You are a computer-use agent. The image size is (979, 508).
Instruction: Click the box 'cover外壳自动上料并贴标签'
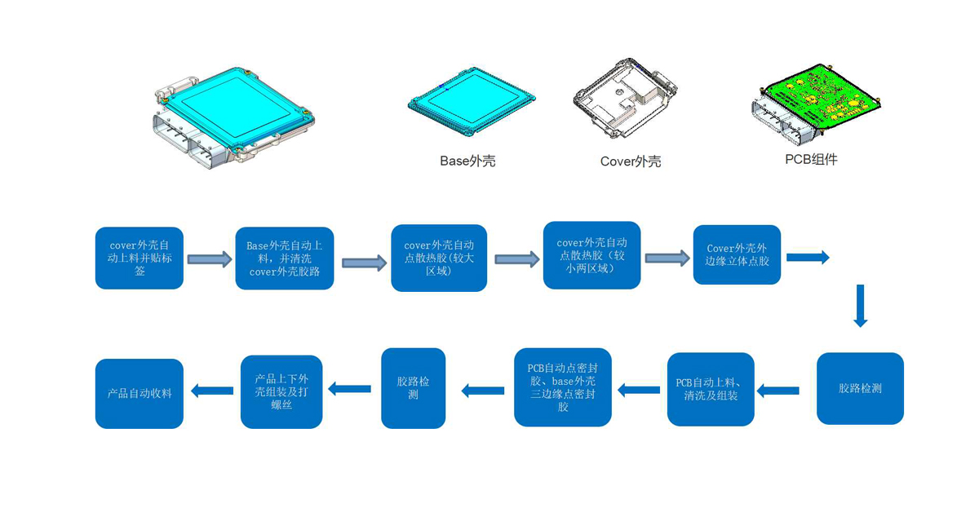tap(140, 258)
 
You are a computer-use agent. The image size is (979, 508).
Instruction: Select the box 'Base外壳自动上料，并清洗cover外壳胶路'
tap(285, 258)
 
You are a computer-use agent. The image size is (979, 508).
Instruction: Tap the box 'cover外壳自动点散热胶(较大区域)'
tap(439, 258)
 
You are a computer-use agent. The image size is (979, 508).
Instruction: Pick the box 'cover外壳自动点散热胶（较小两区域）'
tap(591, 255)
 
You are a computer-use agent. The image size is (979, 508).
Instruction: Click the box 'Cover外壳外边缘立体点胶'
tap(737, 254)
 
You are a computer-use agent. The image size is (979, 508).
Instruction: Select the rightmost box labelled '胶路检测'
tap(860, 388)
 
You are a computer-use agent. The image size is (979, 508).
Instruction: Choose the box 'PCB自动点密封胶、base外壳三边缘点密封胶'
tap(563, 387)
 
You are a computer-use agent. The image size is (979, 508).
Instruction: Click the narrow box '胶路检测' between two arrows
tap(414, 388)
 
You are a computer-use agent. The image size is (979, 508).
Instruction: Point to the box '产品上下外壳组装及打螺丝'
tap(281, 391)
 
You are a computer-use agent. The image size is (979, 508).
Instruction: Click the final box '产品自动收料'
tap(140, 393)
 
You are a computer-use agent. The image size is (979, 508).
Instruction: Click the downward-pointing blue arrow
tap(860, 306)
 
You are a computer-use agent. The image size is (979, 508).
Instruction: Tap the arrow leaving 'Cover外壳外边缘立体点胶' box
tap(808, 258)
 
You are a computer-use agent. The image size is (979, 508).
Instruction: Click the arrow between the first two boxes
tap(210, 259)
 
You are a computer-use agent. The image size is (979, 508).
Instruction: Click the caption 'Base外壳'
tap(467, 161)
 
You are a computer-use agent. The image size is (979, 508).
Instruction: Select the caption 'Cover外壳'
tap(631, 161)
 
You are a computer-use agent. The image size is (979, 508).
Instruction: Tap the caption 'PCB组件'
tap(811, 159)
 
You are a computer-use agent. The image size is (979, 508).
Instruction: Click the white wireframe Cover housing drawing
tap(625, 99)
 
